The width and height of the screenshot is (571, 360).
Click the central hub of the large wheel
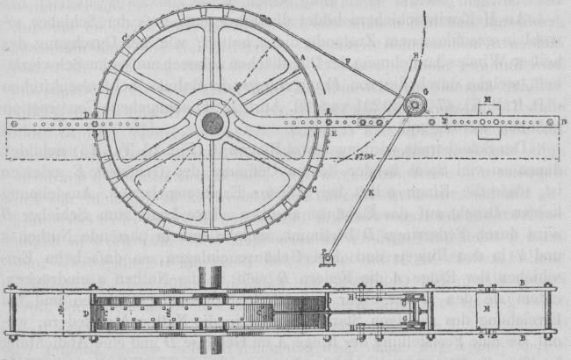pos(211,122)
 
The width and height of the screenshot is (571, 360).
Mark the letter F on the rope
pos(347,60)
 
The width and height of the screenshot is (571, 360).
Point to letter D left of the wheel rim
pos(84,113)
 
